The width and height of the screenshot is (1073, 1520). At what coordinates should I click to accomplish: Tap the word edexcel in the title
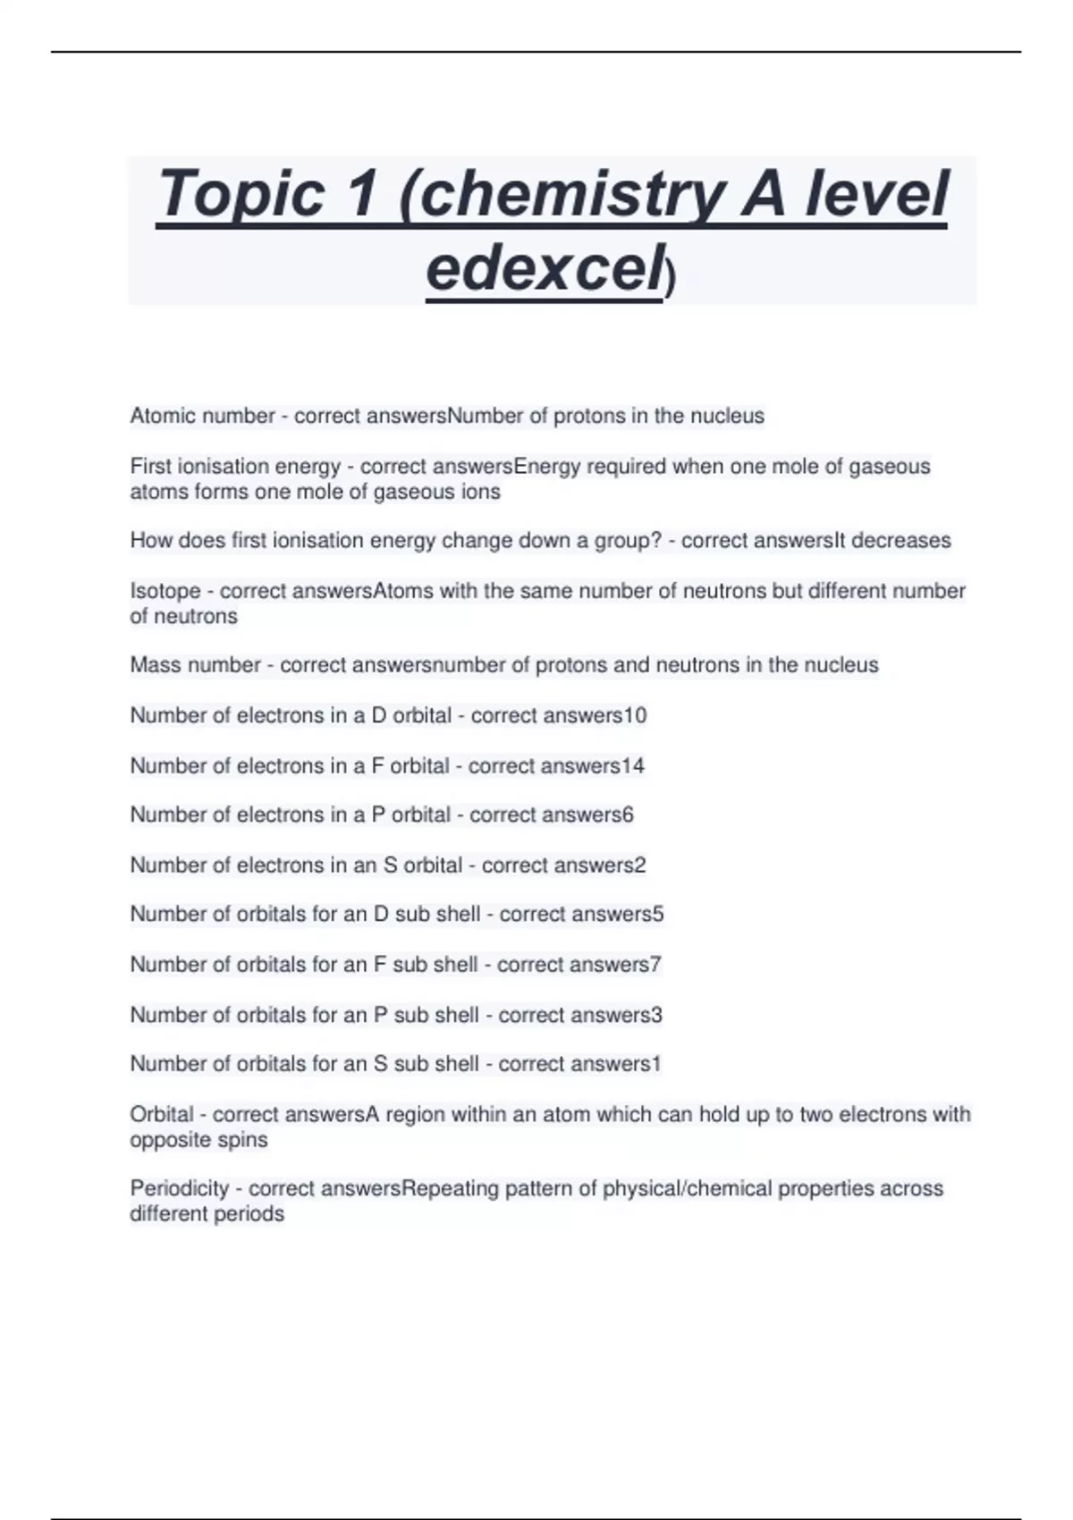(x=544, y=267)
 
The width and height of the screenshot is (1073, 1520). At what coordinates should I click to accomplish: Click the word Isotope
(x=165, y=591)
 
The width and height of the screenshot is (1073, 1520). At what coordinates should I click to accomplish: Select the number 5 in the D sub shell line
(x=658, y=914)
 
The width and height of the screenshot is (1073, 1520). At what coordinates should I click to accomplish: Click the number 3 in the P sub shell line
(x=657, y=1015)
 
